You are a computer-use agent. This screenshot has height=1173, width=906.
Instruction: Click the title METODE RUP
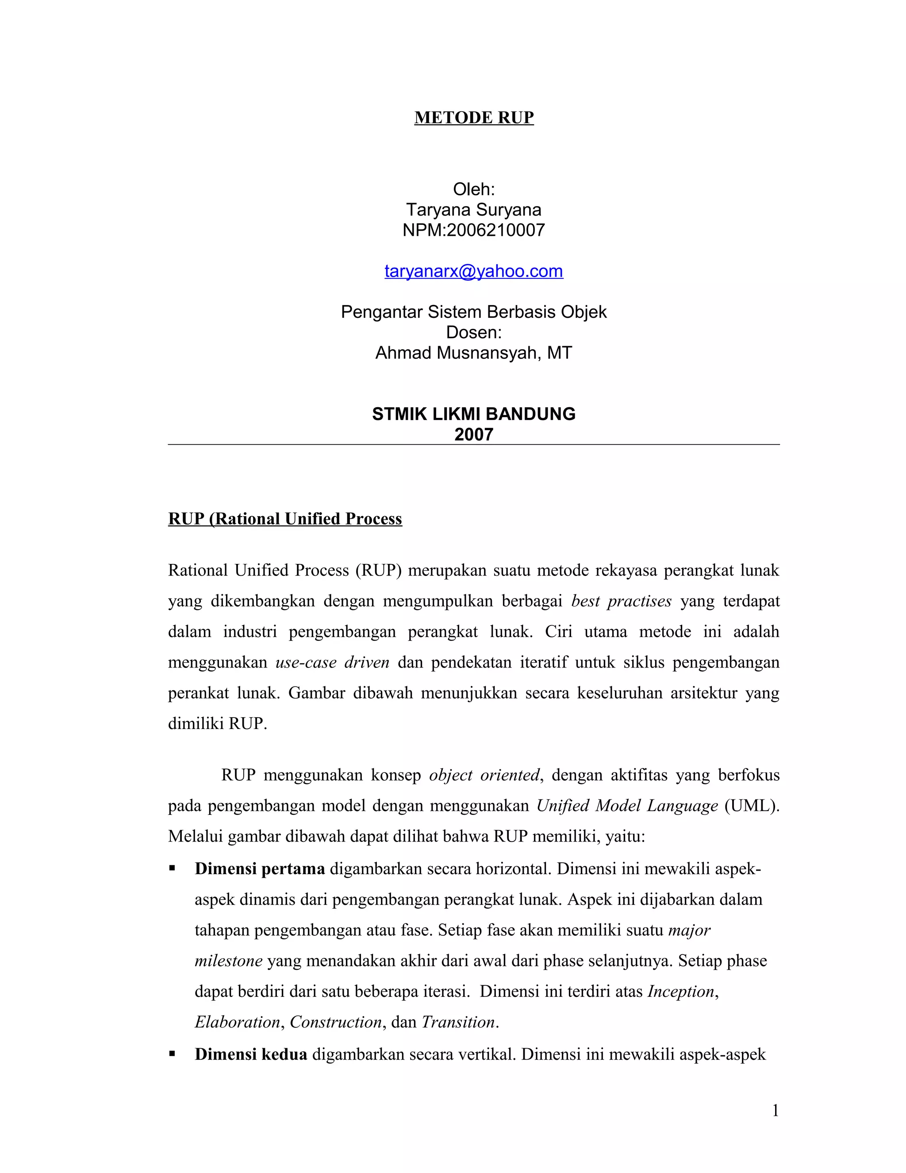coord(473,118)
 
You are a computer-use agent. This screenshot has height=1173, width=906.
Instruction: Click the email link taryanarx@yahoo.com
coord(473,271)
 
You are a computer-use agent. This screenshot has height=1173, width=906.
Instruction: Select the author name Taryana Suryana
coord(473,209)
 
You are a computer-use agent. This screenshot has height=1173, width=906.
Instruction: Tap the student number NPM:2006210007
coord(473,230)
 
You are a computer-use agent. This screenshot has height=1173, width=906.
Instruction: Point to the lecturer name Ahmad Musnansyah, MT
coord(473,353)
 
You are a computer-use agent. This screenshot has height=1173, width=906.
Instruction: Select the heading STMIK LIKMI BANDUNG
coord(473,414)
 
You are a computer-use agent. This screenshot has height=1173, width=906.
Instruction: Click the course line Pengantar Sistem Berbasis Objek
coord(473,312)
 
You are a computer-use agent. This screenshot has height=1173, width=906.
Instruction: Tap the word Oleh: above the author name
coord(473,189)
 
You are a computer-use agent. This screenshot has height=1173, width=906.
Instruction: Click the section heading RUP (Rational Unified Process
coord(284,519)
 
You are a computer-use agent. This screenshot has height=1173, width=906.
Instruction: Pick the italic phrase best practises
coord(621,601)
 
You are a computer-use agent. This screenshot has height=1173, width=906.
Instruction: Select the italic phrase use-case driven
coord(332,662)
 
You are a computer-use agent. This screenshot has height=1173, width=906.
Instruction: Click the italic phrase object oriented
coord(484,775)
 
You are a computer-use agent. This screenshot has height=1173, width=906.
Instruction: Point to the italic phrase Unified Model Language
coord(627,806)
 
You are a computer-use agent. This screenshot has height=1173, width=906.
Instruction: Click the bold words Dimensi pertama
coord(260,869)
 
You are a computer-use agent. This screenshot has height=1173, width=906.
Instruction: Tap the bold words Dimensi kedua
coord(251,1054)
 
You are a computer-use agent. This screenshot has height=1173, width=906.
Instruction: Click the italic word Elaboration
coord(237,1022)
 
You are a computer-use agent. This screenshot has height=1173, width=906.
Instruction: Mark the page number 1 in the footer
coord(775,1111)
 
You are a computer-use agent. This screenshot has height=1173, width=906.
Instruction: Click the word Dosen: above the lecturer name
coord(473,332)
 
